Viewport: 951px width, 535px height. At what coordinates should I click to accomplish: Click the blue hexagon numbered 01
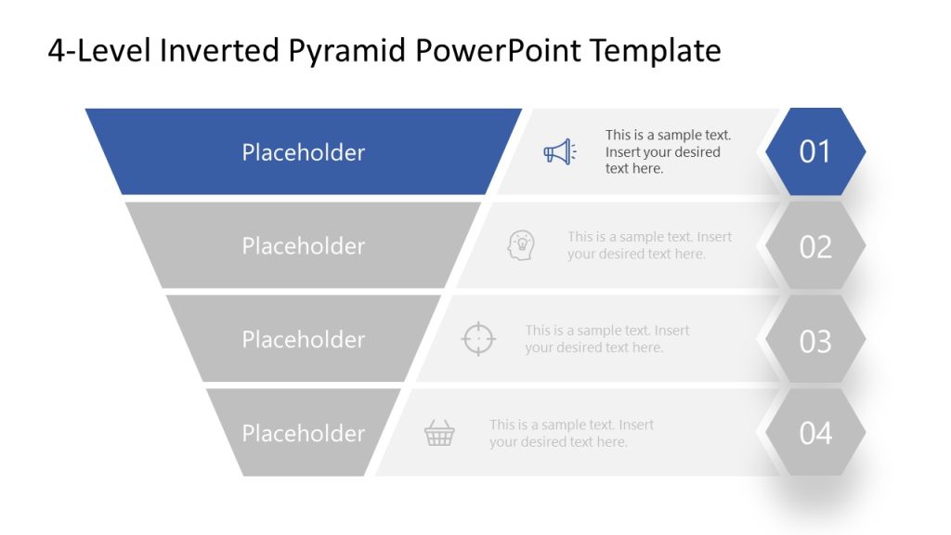click(x=814, y=151)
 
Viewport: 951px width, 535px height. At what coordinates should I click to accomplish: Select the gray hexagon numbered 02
click(x=814, y=246)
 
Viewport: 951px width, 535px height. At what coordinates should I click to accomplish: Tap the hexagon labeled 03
click(x=814, y=341)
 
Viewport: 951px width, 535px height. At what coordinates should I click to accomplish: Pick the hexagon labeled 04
click(x=814, y=433)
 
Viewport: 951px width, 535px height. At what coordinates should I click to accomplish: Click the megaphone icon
click(x=559, y=151)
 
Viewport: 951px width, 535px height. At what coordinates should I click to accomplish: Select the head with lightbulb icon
click(x=522, y=245)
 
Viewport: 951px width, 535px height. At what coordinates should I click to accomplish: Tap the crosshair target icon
click(x=478, y=338)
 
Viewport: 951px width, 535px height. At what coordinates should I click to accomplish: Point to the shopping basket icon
click(x=439, y=433)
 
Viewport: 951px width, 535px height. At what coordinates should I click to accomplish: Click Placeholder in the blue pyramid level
click(x=304, y=152)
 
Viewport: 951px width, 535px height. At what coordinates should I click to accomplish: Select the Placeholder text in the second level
click(x=304, y=246)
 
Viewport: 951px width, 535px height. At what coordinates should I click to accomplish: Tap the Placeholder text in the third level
click(x=304, y=340)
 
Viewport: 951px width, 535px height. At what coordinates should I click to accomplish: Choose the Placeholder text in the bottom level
click(x=304, y=434)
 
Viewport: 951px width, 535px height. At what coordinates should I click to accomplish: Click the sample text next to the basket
click(x=571, y=433)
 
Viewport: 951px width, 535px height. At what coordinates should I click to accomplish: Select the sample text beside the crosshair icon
click(x=606, y=339)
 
